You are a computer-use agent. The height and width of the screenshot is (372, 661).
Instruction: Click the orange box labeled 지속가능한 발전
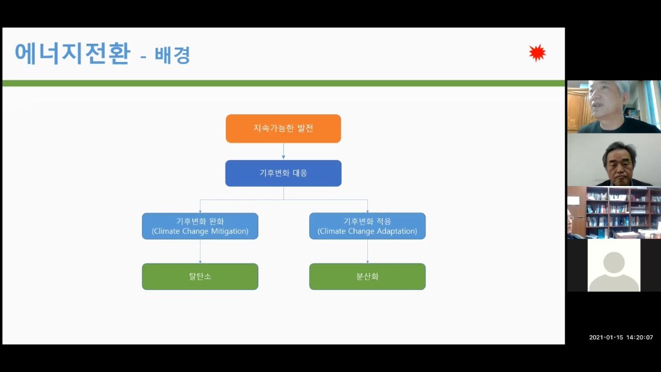coord(283,129)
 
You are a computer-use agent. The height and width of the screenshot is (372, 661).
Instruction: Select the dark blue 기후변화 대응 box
coord(283,173)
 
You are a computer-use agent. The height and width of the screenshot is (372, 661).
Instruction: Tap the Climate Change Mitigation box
coord(200,226)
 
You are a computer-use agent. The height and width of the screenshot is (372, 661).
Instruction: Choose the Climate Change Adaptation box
coord(367,226)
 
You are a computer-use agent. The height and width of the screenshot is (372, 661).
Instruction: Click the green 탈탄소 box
coord(200,276)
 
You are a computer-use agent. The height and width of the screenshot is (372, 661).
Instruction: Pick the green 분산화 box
coord(367,276)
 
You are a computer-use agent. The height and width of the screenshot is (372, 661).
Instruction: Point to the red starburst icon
coord(537,53)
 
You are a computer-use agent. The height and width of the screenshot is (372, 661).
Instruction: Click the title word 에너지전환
coord(72,54)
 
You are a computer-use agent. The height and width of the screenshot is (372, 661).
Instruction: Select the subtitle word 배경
coord(172,56)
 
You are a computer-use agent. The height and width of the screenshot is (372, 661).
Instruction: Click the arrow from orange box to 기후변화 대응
coord(283,151)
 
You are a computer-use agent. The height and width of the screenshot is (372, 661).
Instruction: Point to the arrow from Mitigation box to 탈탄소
coord(200,251)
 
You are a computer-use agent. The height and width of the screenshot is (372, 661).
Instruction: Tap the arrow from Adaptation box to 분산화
coord(367,251)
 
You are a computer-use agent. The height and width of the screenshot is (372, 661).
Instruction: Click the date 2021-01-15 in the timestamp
coord(605,337)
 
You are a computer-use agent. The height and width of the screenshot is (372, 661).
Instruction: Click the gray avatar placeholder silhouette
coord(614,271)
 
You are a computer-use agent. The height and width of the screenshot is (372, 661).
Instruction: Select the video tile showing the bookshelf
coord(614,212)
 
